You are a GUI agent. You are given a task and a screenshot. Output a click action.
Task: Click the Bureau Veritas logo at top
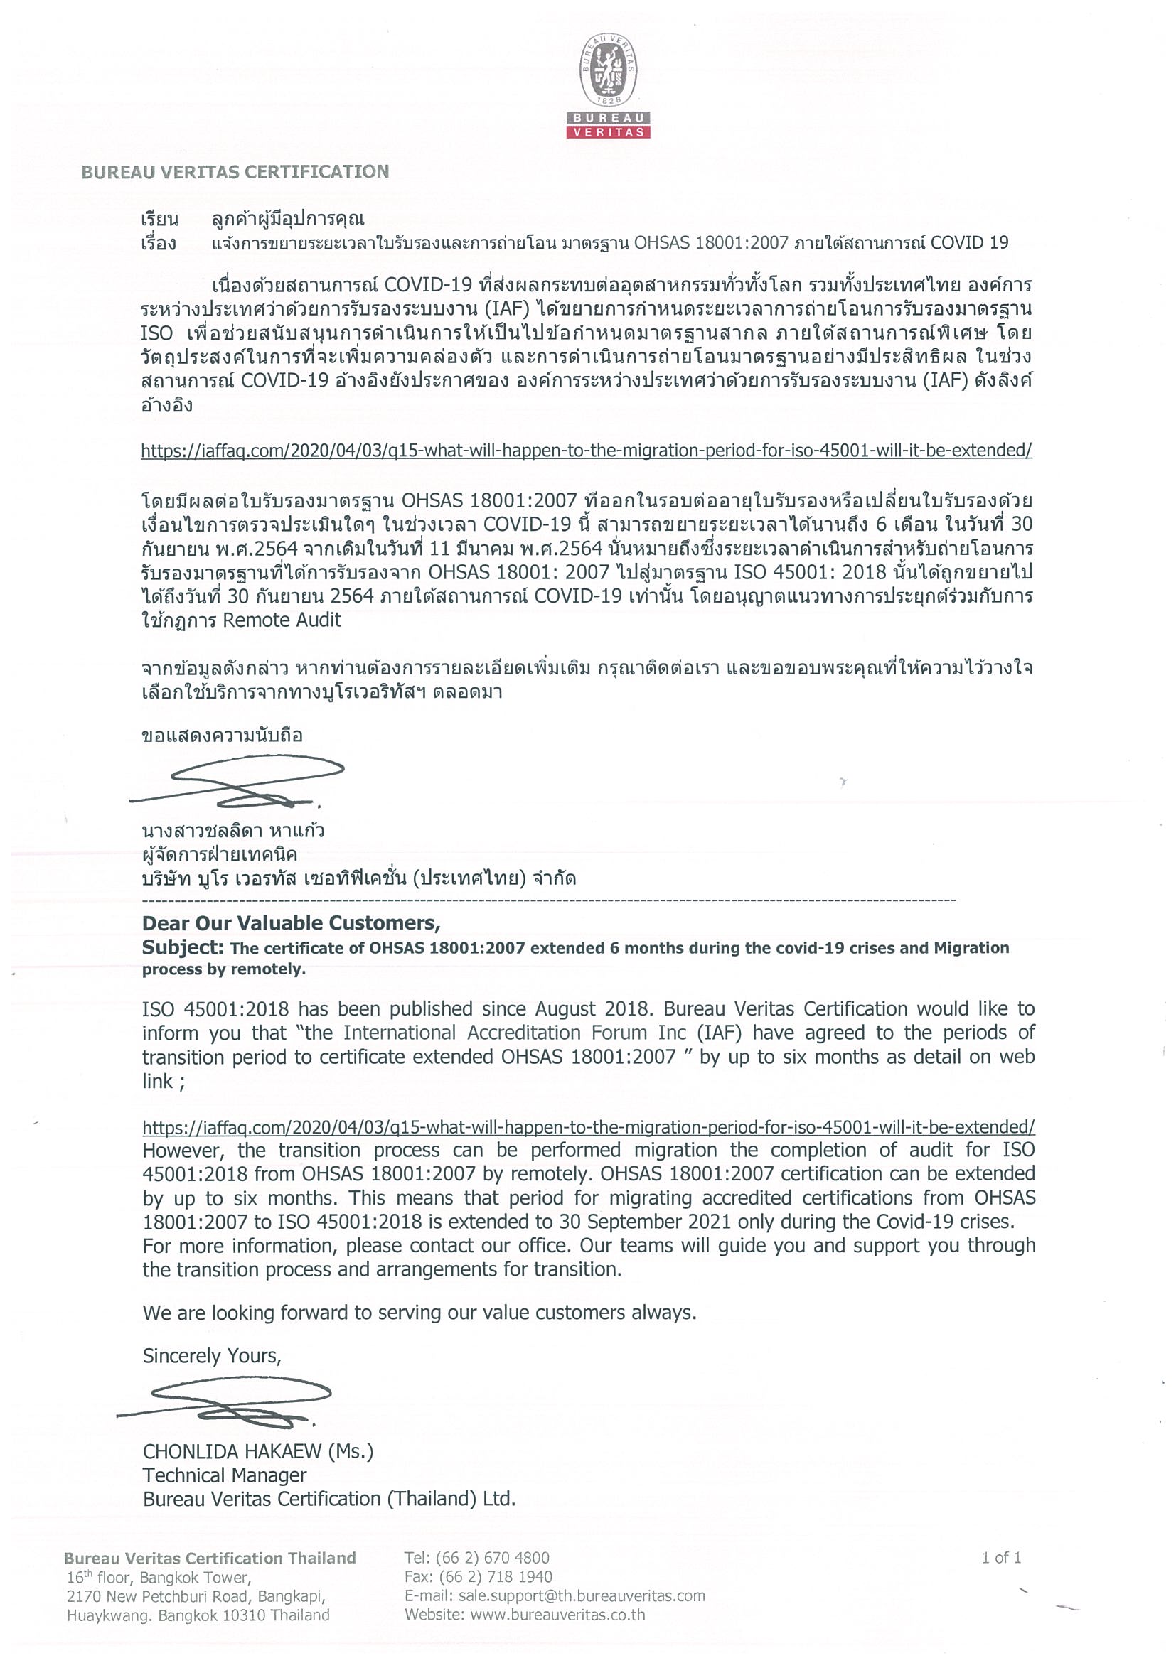607,85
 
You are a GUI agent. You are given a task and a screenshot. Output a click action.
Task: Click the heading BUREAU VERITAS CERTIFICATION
235,172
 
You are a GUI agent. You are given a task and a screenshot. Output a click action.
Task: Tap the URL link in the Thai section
586,451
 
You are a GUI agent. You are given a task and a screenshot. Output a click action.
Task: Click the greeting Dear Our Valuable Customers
291,922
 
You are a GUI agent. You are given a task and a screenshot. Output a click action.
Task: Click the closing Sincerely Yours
212,1356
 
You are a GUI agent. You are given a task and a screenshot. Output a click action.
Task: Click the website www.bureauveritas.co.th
557,1615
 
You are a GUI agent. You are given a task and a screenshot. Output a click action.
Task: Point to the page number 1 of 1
1001,1558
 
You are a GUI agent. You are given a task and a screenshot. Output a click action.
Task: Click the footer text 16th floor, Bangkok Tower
159,1578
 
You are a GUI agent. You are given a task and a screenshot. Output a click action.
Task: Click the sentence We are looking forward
419,1313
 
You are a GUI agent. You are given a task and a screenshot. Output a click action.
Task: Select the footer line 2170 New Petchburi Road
196,1596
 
